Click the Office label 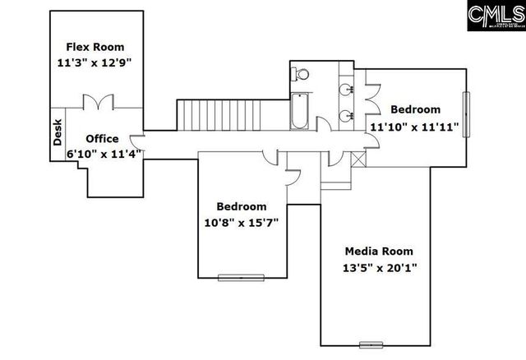click(x=102, y=138)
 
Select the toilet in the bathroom click(x=302, y=75)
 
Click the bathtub click(x=299, y=111)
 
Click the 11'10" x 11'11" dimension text click(x=416, y=127)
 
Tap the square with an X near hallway click(x=358, y=159)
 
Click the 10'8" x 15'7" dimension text click(x=242, y=221)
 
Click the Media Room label click(x=379, y=251)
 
